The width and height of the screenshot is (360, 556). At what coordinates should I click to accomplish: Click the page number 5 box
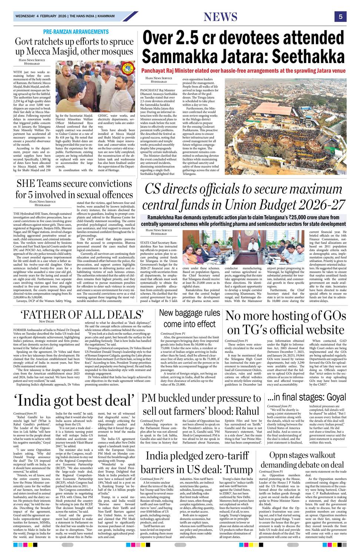pos(340,16)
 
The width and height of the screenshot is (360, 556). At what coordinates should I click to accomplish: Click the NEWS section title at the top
pos(220,17)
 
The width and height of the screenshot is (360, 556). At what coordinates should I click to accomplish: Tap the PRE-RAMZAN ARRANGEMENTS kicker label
pos(76,32)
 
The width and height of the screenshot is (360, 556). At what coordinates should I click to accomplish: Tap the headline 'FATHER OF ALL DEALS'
pos(82,315)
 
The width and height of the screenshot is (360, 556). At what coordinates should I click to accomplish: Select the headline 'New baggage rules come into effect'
pos(190,318)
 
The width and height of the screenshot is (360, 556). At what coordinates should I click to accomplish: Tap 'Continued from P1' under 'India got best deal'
pos(25,413)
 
